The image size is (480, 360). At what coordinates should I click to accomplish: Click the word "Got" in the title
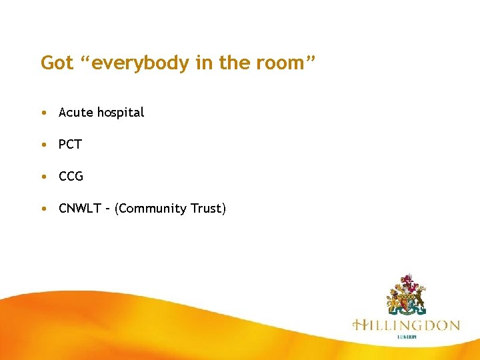pos(56,63)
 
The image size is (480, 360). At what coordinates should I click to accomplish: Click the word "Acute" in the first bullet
pos(76,113)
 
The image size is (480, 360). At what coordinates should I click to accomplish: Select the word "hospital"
pos(121,113)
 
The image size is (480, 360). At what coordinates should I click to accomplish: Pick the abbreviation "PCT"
pos(70,145)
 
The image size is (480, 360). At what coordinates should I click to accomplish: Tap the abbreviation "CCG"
pos(71,177)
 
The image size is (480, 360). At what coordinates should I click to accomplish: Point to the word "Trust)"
pos(207,209)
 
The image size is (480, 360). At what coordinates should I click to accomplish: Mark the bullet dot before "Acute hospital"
pos(43,113)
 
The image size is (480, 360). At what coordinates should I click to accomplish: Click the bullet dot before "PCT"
pos(43,145)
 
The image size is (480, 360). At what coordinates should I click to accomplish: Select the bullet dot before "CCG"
pos(43,177)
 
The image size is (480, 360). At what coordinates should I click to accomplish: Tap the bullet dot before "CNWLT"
pos(43,209)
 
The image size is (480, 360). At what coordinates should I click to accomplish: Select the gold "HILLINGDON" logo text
pos(406,325)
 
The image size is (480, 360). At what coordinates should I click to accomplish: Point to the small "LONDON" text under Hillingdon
pos(407,337)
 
